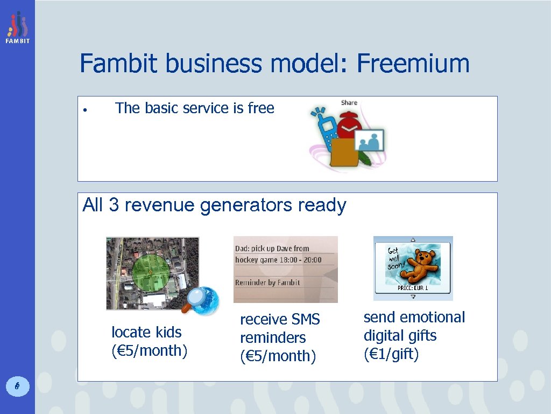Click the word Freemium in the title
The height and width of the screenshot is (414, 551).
click(x=413, y=64)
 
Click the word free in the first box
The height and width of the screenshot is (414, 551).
click(x=261, y=108)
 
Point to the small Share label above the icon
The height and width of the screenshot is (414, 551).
click(x=349, y=102)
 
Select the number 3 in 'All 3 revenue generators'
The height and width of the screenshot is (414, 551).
click(x=114, y=205)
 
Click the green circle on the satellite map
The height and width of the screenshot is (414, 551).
click(x=151, y=273)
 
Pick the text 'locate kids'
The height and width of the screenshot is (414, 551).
click(x=146, y=332)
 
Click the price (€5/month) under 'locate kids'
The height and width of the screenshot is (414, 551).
click(x=149, y=350)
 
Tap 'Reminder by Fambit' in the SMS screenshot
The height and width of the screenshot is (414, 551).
click(x=267, y=282)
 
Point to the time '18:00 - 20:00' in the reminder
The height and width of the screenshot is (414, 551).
click(x=297, y=260)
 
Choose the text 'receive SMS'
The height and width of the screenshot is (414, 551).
click(x=280, y=320)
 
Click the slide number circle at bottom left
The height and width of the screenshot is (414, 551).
click(x=17, y=385)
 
